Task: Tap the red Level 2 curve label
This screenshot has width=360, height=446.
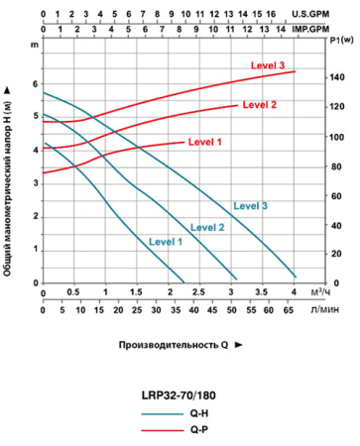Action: pyautogui.click(x=260, y=104)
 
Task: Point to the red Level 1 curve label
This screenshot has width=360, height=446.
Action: pyautogui.click(x=204, y=142)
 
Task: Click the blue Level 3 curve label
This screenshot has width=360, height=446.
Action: pyautogui.click(x=251, y=206)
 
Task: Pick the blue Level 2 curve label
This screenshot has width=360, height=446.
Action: pyautogui.click(x=208, y=228)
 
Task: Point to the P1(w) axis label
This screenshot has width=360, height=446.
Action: pyautogui.click(x=339, y=43)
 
